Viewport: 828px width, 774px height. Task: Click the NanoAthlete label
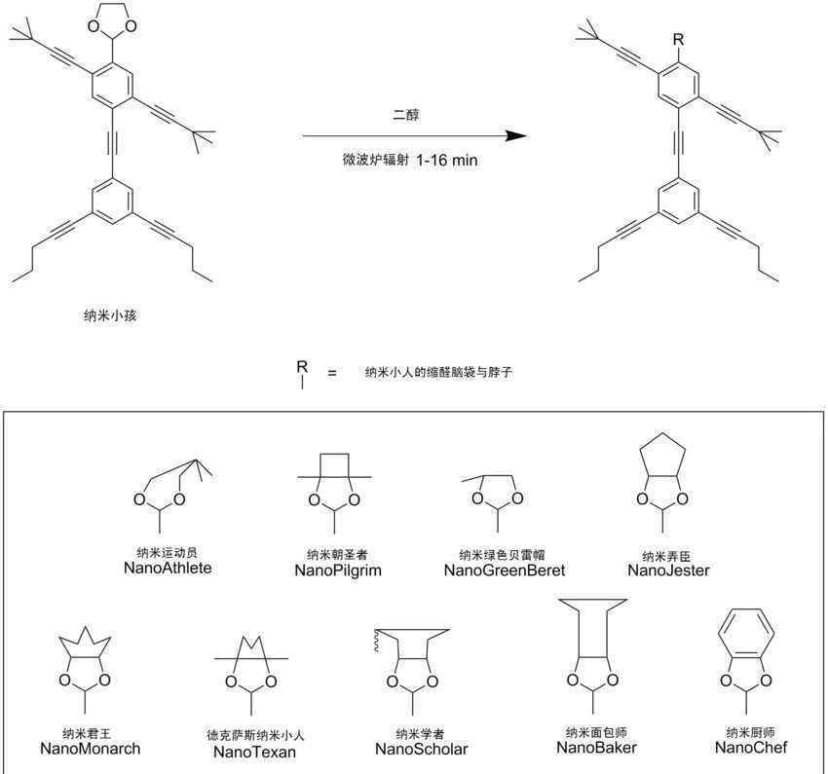coord(168,568)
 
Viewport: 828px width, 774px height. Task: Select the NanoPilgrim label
coord(338,571)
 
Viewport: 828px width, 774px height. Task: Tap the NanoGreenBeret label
coord(505,571)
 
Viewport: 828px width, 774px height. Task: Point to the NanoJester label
coord(668,571)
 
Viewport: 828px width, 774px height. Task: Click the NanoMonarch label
coord(91,749)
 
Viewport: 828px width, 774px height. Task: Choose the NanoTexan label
coord(254,752)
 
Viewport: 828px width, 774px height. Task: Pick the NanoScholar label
coord(422,750)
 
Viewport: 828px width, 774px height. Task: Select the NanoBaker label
coord(597,748)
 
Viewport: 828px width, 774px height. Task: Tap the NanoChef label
coord(751,748)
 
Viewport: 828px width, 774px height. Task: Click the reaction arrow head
coord(516,135)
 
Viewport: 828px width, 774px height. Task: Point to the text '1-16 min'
coord(447,161)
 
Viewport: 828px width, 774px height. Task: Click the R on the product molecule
coord(678,40)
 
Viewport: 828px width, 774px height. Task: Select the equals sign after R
coord(332,373)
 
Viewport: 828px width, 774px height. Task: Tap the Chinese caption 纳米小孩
coord(110,315)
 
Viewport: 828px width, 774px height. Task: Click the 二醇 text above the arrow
coord(406,115)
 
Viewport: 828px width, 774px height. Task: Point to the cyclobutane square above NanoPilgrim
coord(334,454)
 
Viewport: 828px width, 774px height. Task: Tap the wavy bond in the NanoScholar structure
coord(377,641)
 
